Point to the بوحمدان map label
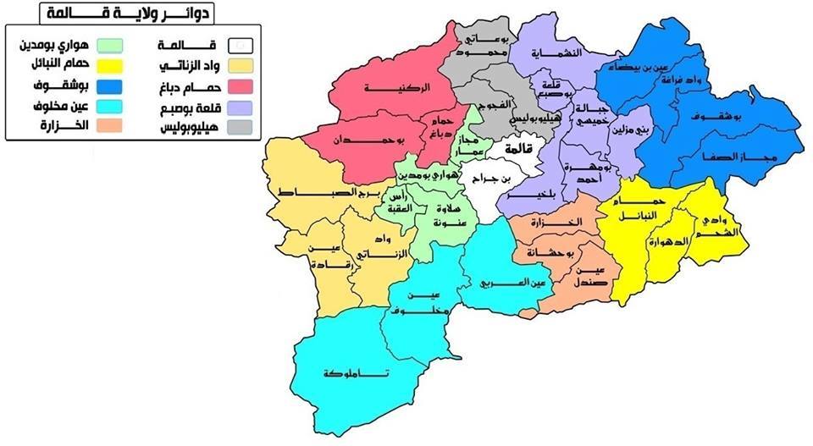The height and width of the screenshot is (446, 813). (x=364, y=139)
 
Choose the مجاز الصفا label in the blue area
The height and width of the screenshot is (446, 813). (x=733, y=158)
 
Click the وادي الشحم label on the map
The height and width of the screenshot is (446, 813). (x=718, y=225)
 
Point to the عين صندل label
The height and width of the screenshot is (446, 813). (x=589, y=275)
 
